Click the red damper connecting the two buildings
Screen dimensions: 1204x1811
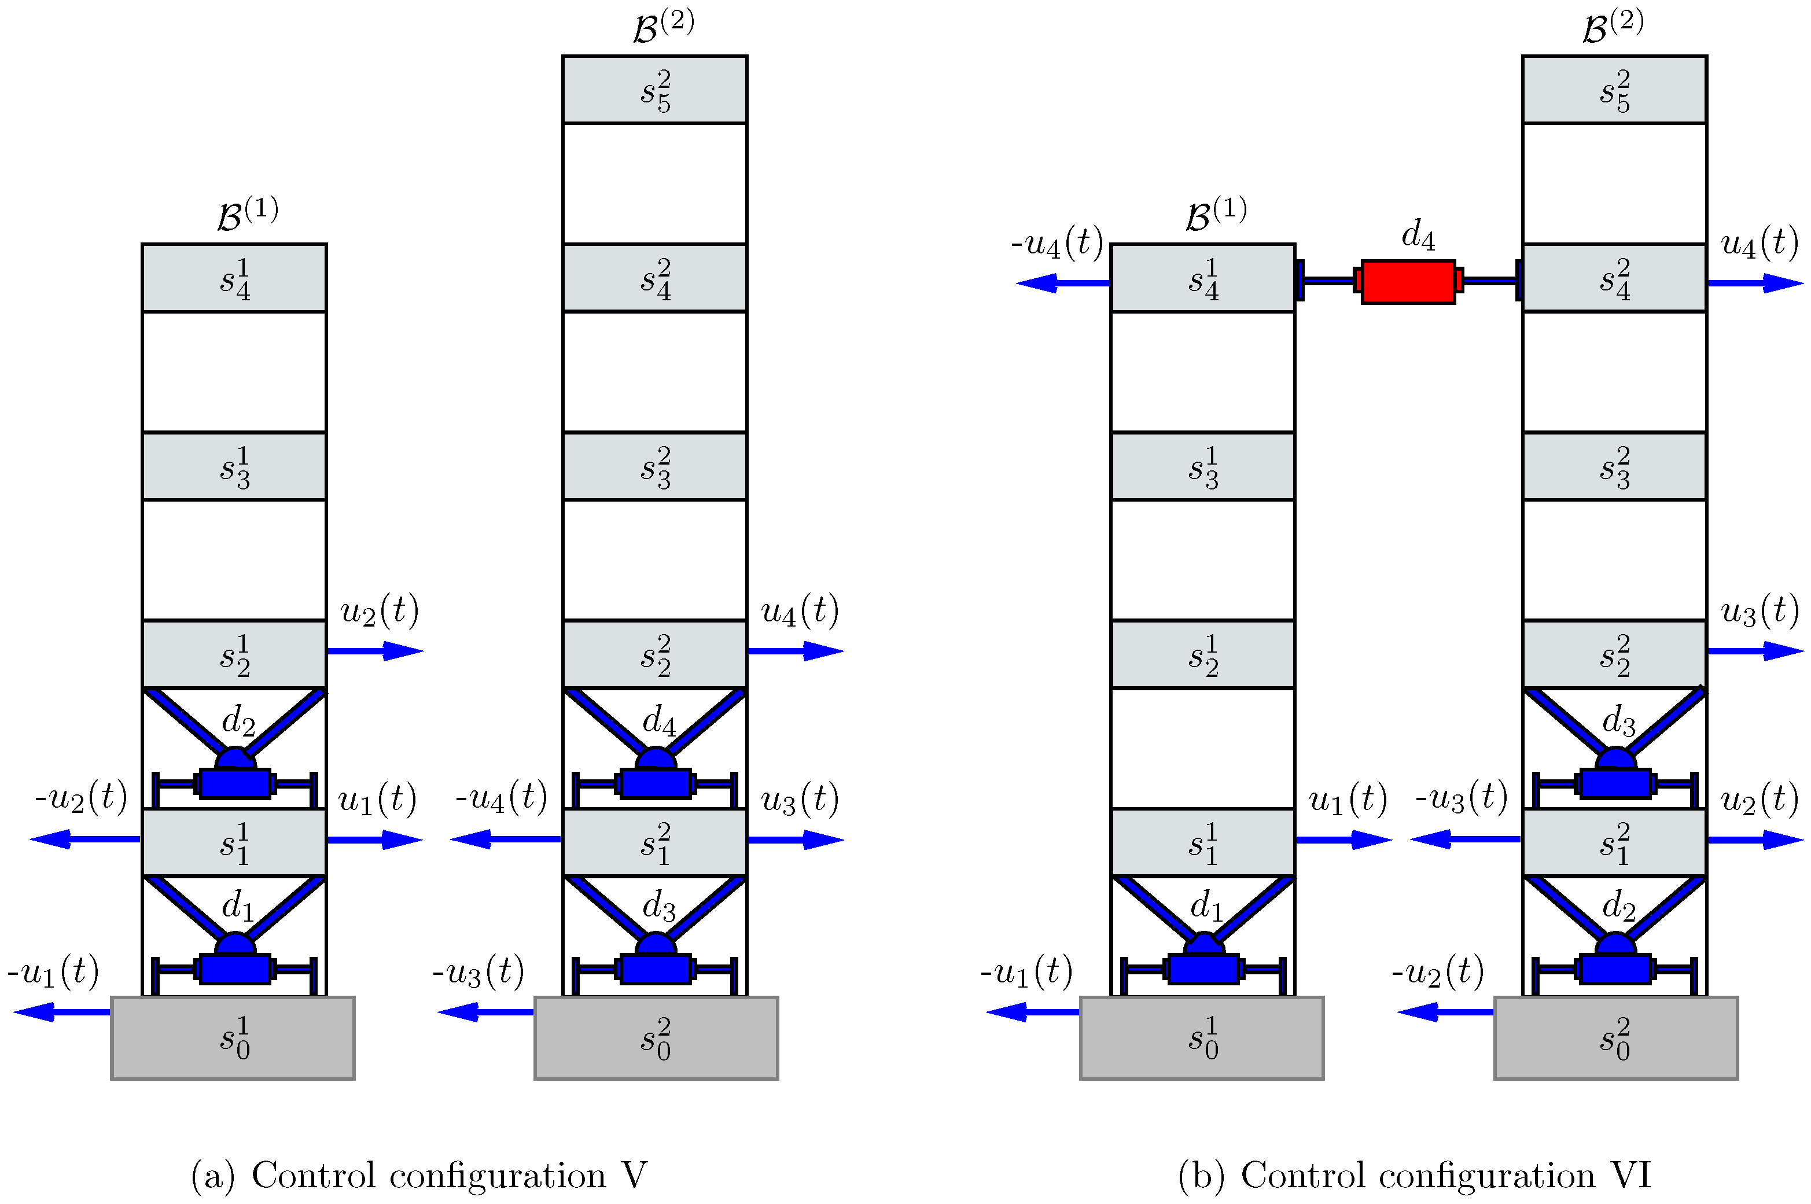pyautogui.click(x=1407, y=282)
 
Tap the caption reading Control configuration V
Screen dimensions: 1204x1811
pyautogui.click(x=419, y=1175)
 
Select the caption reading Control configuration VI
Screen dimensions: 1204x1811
pyautogui.click(x=1414, y=1175)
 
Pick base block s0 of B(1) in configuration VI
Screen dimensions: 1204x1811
pyautogui.click(x=1201, y=1038)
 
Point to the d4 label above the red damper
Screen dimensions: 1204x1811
pyautogui.click(x=1417, y=234)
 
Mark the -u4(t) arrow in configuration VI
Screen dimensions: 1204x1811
pyautogui.click(x=1063, y=283)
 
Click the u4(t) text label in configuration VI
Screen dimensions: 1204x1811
pyautogui.click(x=1760, y=244)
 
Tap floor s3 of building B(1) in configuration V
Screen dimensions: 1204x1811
pyautogui.click(x=234, y=466)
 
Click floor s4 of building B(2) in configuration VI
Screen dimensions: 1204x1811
pyautogui.click(x=1614, y=278)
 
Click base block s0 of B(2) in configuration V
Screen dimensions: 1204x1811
pyautogui.click(x=656, y=1038)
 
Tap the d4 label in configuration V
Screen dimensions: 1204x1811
pyautogui.click(x=658, y=720)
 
